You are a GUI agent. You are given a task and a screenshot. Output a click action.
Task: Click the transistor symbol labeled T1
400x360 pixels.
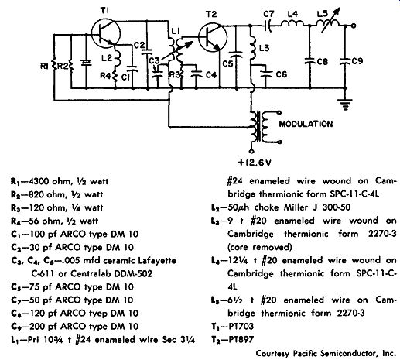click(106, 34)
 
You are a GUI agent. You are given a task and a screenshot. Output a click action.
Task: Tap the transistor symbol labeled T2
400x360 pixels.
click(213, 38)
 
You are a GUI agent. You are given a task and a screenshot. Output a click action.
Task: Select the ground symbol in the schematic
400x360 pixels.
click(345, 104)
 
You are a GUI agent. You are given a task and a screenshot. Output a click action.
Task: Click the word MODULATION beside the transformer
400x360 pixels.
click(306, 124)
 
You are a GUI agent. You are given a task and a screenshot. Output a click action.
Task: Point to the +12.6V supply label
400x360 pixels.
click(255, 163)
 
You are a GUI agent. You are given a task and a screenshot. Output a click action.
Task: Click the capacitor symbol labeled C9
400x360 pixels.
click(345, 61)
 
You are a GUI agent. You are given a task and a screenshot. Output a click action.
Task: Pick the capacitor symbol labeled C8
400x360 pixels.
click(309, 61)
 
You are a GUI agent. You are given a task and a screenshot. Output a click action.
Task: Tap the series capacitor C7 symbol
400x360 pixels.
click(268, 26)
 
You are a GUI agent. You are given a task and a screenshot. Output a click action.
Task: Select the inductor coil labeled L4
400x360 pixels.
click(292, 24)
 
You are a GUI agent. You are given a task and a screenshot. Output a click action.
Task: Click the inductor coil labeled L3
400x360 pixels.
click(252, 48)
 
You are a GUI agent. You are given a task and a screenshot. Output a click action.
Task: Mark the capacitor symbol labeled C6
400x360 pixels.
click(265, 74)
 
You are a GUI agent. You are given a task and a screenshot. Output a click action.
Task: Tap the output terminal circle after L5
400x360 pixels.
click(354, 26)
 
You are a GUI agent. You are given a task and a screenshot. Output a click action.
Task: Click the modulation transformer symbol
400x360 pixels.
click(261, 127)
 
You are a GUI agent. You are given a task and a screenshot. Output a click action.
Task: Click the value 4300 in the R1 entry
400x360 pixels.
click(39, 181)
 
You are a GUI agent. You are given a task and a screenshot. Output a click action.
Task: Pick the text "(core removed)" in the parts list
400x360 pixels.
click(260, 247)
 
